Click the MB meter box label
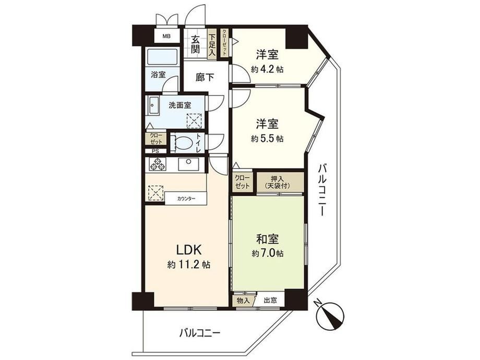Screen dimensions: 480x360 pyautogui.click(x=166, y=37)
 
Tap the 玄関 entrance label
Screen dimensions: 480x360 pyautogui.click(x=196, y=44)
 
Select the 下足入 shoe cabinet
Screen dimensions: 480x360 pyautogui.click(x=212, y=45)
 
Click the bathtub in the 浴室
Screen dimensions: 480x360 pyautogui.click(x=162, y=57)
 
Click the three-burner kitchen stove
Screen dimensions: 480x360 pyautogui.click(x=157, y=164)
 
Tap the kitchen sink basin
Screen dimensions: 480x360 pyautogui.click(x=188, y=164)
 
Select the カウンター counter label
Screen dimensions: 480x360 pyautogui.click(x=186, y=199)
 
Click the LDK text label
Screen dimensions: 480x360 pyautogui.click(x=188, y=250)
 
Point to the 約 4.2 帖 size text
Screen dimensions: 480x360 pyautogui.click(x=267, y=69)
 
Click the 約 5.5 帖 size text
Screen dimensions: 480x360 pyautogui.click(x=267, y=139)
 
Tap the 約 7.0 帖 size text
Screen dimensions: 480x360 pyautogui.click(x=268, y=254)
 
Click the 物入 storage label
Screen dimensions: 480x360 pyautogui.click(x=243, y=301)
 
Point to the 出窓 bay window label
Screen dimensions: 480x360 pyautogui.click(x=270, y=301)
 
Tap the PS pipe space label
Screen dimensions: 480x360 pyautogui.click(x=155, y=151)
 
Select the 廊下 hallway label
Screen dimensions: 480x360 pyautogui.click(x=205, y=77)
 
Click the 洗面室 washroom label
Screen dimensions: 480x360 pyautogui.click(x=180, y=105)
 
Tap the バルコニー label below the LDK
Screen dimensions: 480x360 pyautogui.click(x=200, y=333)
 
